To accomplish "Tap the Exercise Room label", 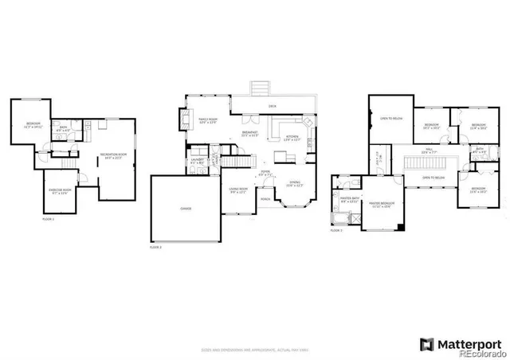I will (57, 190).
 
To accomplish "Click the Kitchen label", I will (293, 138).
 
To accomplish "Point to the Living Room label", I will (238, 190).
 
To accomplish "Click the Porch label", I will (265, 198).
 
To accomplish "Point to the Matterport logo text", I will (465, 343).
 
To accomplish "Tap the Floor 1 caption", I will (49, 218).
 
